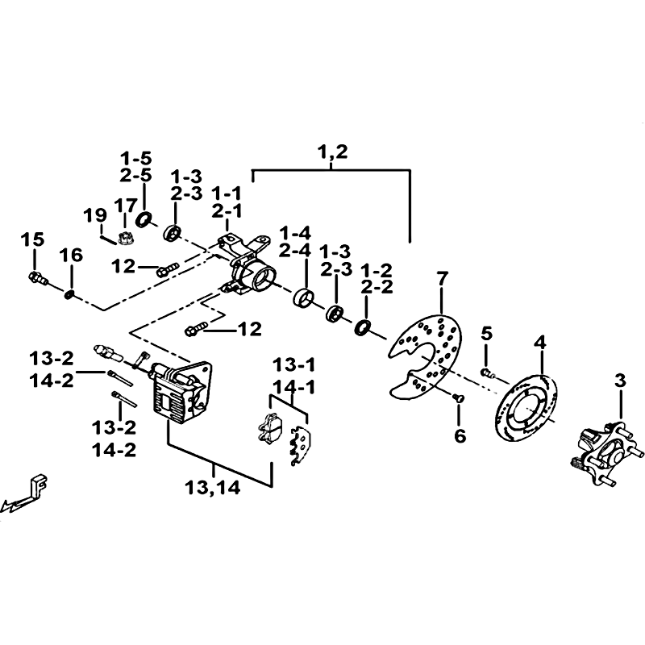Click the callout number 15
32,239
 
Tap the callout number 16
71,255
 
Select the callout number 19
95,215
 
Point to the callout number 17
126,206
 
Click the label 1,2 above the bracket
332,152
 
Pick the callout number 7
441,279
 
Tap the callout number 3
620,381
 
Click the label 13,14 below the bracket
212,489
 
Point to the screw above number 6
458,397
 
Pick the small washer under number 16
69,294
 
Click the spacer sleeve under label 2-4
304,298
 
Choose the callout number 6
460,435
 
